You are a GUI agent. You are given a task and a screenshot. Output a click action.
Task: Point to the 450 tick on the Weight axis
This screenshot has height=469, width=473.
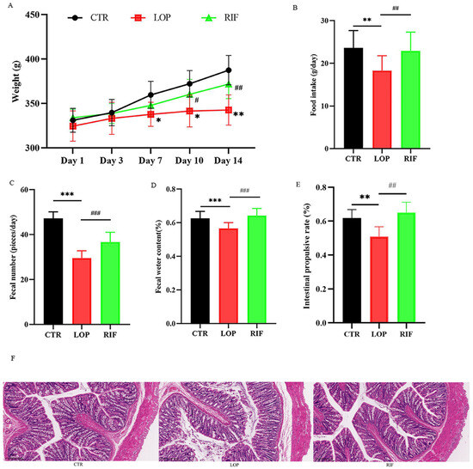35,15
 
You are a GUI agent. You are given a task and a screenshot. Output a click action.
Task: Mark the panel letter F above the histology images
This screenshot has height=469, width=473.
6,354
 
